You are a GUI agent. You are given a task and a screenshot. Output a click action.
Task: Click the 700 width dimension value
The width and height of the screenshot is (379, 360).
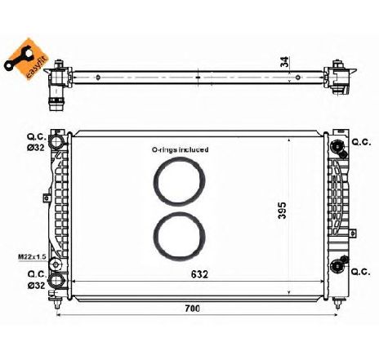192,309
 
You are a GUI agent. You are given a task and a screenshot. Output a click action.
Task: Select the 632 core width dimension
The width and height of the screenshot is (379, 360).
199,274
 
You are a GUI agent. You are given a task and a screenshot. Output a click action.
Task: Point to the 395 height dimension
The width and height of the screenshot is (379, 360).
282,211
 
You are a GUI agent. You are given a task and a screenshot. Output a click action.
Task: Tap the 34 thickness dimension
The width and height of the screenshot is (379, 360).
284,62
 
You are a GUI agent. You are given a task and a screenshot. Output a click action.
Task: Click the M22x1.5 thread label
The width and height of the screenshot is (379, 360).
32,256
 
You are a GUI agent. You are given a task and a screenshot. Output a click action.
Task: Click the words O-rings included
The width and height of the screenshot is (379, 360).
180,149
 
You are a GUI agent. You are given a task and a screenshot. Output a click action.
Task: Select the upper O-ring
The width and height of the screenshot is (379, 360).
179,180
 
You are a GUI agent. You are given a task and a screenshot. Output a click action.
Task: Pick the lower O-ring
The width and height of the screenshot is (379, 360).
179,235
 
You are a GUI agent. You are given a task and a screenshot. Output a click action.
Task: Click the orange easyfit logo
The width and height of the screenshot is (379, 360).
26,59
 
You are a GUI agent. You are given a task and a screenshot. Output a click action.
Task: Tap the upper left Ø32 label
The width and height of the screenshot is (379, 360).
36,148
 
